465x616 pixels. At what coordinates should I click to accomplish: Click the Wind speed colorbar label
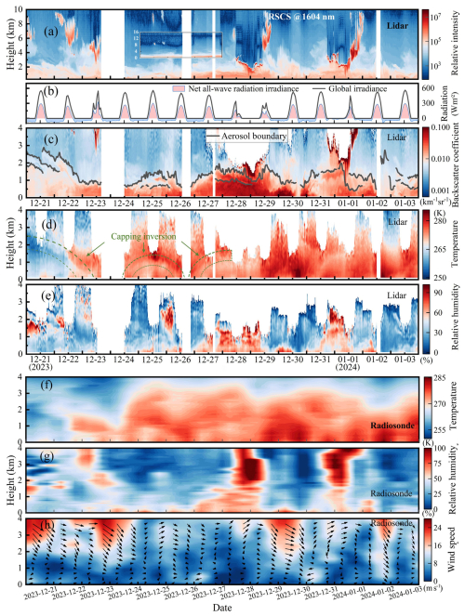click(x=456, y=550)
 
